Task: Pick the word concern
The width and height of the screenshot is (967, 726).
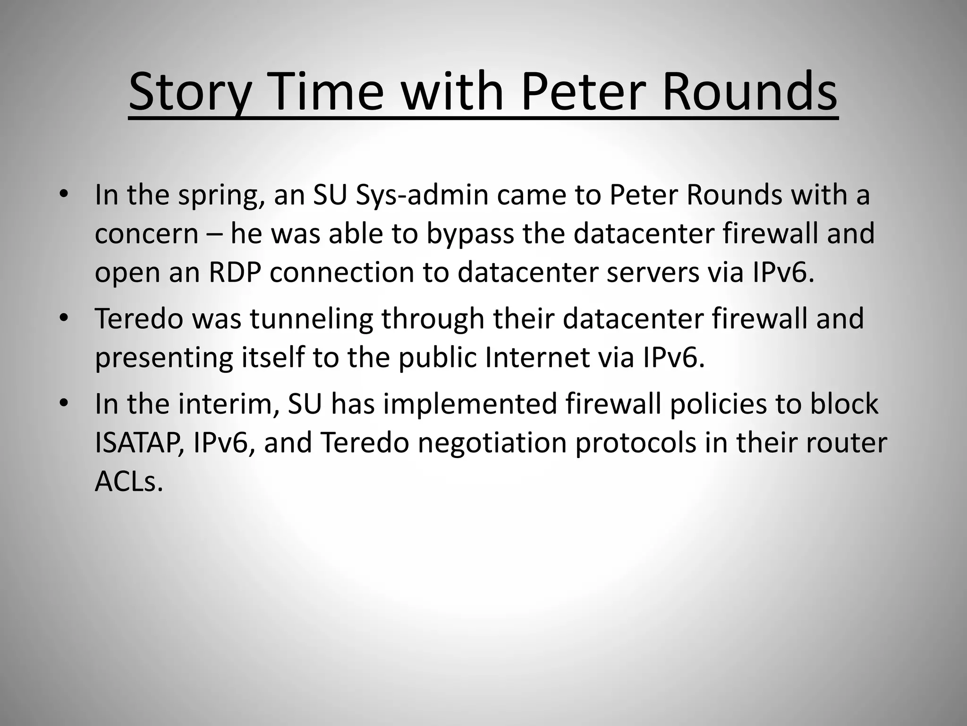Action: [146, 234]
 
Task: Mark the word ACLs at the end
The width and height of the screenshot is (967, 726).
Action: [128, 482]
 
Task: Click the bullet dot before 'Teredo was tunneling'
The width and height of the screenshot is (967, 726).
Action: [64, 318]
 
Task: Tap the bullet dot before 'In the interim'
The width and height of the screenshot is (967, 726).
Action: [64, 403]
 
